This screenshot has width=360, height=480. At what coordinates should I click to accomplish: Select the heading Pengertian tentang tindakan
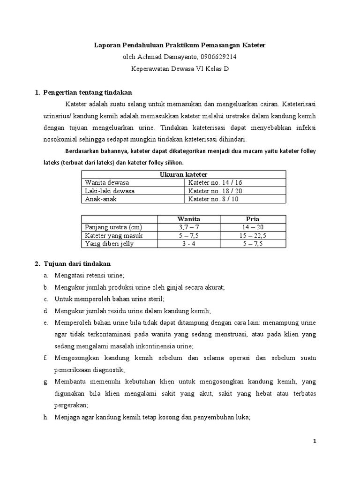[88, 92]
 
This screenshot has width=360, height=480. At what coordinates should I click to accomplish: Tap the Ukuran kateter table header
[184, 174]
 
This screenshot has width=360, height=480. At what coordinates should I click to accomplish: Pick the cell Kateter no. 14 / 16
[215, 182]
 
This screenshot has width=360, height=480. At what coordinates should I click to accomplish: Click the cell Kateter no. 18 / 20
[215, 191]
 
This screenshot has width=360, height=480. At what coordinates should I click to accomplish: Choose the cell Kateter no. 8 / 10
[213, 199]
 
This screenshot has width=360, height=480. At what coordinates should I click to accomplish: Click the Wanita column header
[188, 219]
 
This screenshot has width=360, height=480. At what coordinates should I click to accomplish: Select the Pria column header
[253, 219]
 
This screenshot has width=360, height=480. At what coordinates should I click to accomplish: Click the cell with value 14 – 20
[253, 227]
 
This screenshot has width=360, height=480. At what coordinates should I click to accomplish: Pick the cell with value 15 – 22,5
[253, 235]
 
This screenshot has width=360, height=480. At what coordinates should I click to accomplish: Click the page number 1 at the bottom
[315, 442]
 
